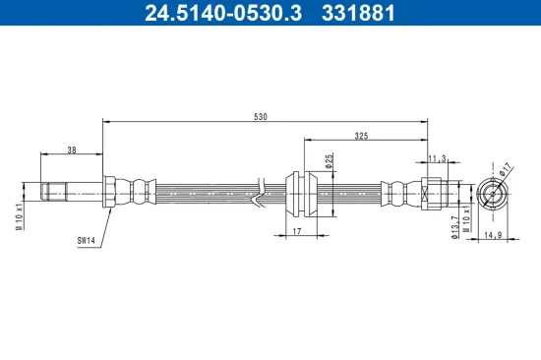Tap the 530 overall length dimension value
[260, 117]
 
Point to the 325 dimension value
[361, 137]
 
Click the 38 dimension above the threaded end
[71, 150]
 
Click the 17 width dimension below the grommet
[295, 232]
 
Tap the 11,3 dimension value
[440, 157]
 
